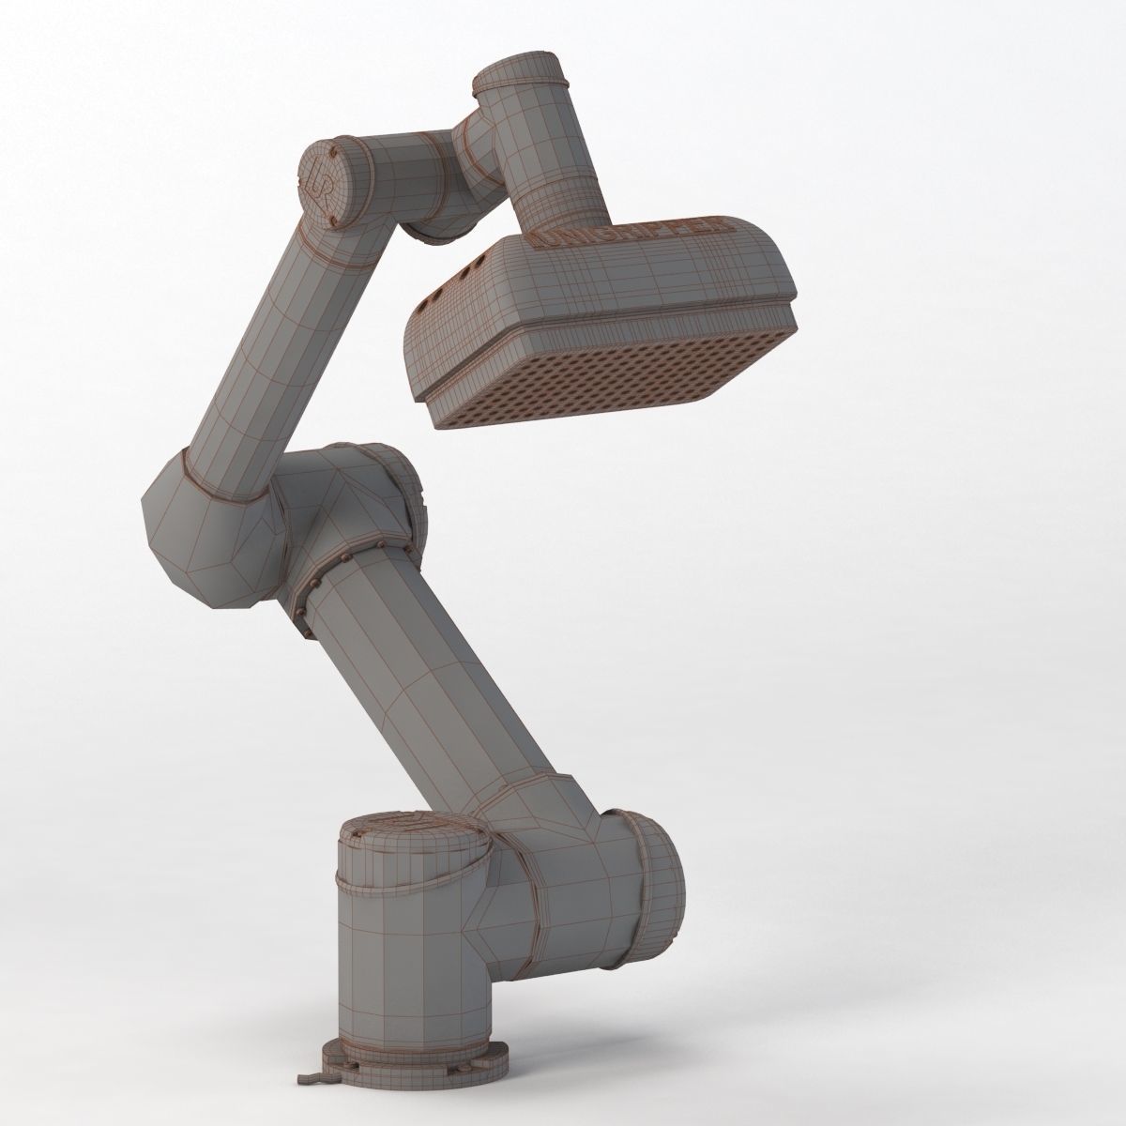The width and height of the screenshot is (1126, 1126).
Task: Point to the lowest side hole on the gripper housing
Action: tap(434, 300)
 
